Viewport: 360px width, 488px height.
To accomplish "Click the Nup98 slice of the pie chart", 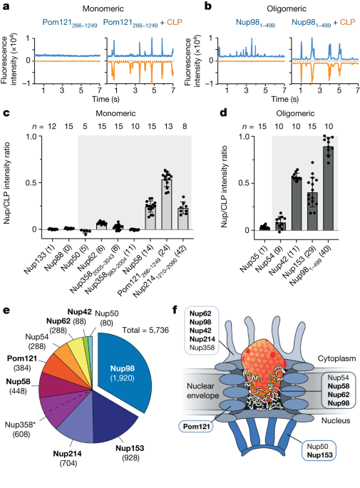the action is [x=125, y=370].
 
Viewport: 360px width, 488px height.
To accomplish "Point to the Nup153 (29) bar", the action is [x=312, y=212].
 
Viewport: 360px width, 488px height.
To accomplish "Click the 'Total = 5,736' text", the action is [x=145, y=330].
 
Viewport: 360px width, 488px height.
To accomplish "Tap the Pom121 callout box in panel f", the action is [x=196, y=426].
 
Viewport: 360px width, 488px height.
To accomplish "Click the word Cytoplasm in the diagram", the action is [x=336, y=358].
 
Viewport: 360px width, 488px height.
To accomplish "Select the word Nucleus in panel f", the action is [x=336, y=420].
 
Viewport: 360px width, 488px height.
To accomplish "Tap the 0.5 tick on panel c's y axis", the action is [x=31, y=182].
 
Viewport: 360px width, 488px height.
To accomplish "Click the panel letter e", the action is [x=6, y=310].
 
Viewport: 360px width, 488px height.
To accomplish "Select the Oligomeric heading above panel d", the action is [x=295, y=113].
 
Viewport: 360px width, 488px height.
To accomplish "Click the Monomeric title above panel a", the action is [x=103, y=9].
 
